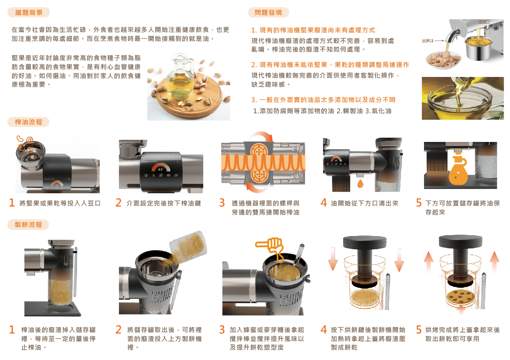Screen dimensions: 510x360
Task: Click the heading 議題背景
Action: point(29,13)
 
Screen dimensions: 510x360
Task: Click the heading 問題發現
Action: point(268,13)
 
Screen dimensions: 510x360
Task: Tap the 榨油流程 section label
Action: point(29,122)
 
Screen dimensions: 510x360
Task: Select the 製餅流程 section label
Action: point(29,224)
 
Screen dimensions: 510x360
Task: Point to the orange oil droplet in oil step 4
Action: point(360,184)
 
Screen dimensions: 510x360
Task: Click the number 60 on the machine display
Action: point(160,169)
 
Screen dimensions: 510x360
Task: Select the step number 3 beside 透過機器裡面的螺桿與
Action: point(222,203)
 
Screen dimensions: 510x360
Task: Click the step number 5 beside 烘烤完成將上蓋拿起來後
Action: point(419,330)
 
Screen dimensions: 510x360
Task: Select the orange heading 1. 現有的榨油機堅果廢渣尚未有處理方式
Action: point(313,30)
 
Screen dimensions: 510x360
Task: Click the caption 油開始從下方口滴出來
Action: point(365,204)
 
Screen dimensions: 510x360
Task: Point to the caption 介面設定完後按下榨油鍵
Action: point(163,204)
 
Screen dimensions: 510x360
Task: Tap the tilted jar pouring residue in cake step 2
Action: point(189,247)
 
